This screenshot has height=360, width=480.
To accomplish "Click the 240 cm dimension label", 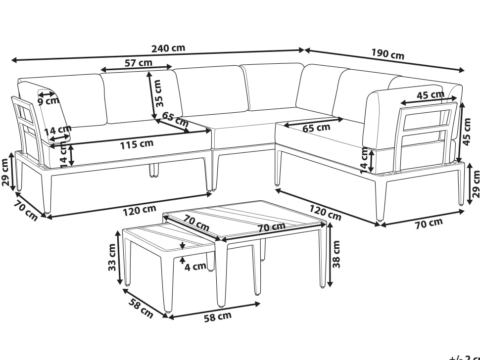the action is (x=168, y=48).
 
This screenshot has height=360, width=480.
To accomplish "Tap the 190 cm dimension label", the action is (x=388, y=54).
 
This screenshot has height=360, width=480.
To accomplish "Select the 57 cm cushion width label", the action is (x=139, y=63).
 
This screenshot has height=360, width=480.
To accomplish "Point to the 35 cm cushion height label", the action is (x=158, y=93).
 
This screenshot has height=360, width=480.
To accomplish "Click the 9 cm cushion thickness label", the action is (x=48, y=100).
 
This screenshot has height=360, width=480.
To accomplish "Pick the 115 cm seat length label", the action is (x=137, y=144).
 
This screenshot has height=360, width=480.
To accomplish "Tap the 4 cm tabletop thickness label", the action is (x=195, y=267).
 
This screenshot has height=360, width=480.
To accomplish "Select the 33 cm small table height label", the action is (x=112, y=257).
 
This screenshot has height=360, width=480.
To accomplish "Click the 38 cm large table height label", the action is (x=336, y=254).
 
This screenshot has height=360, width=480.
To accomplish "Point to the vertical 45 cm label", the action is (x=467, y=132).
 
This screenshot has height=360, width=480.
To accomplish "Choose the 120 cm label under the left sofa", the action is (x=140, y=211).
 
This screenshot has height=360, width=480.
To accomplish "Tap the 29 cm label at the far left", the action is (x=5, y=172).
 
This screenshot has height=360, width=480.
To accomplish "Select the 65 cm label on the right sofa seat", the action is (x=317, y=128).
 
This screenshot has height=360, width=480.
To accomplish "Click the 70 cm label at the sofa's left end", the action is (x=26, y=211).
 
